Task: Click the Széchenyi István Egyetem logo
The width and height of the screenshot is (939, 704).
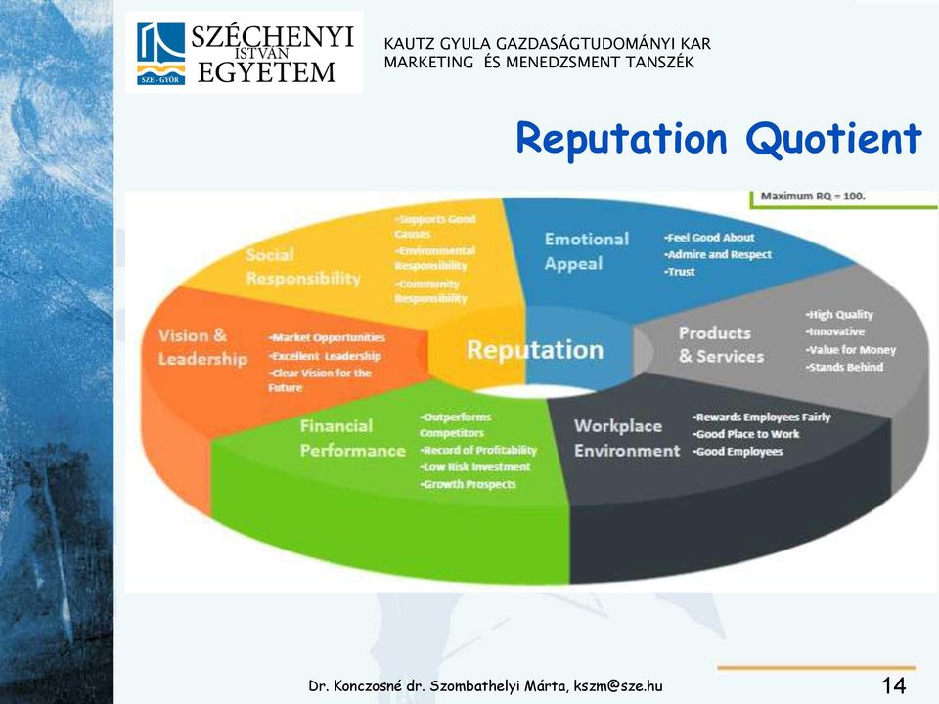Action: pyautogui.click(x=244, y=53)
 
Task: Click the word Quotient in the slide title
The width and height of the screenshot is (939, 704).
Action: pyautogui.click(x=833, y=139)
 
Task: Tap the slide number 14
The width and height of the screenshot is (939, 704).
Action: pyautogui.click(x=893, y=684)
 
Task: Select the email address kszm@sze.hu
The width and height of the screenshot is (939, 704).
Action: pyautogui.click(x=618, y=686)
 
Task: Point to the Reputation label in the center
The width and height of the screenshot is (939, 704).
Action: pyautogui.click(x=535, y=350)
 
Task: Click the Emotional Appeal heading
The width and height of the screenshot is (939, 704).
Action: pyautogui.click(x=586, y=251)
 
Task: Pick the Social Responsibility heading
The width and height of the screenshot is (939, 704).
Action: pyautogui.click(x=303, y=266)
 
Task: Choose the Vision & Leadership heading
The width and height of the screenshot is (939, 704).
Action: pyautogui.click(x=202, y=346)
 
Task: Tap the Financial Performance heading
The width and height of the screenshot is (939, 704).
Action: pyautogui.click(x=352, y=438)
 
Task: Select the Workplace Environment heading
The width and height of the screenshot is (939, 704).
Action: pyautogui.click(x=626, y=438)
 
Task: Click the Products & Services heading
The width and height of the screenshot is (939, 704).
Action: pyautogui.click(x=721, y=345)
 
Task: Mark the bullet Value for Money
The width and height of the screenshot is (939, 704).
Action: pyautogui.click(x=850, y=350)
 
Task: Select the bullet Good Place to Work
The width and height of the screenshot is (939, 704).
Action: pyautogui.click(x=746, y=434)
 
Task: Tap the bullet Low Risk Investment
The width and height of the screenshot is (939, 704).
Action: pyautogui.click(x=475, y=467)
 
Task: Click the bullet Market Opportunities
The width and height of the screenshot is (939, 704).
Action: pyautogui.click(x=327, y=337)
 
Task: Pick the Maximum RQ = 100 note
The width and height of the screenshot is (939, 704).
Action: pyautogui.click(x=813, y=196)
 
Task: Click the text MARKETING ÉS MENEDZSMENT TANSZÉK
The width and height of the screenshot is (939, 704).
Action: pyautogui.click(x=539, y=63)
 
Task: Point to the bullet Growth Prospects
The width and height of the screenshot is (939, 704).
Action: pyautogui.click(x=468, y=484)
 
